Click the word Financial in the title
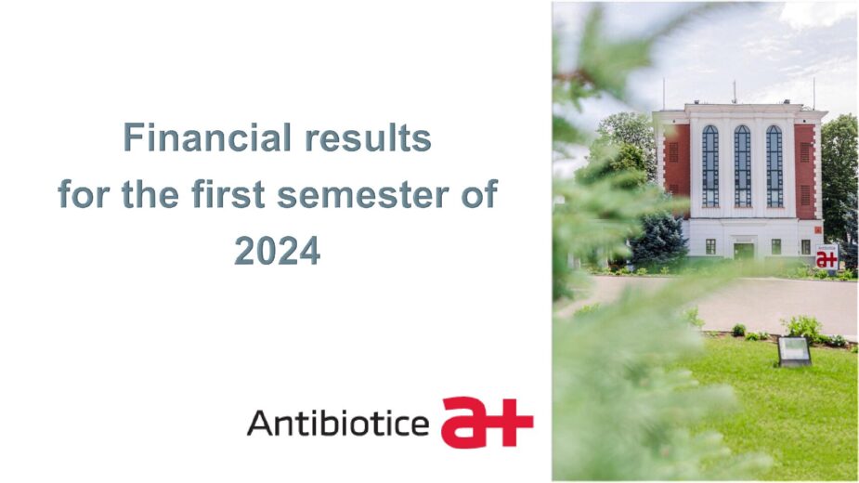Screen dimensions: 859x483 [206, 137]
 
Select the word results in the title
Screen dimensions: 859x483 [368, 137]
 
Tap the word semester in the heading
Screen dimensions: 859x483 [363, 194]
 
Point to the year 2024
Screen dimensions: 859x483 [278, 251]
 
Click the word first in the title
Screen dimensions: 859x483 [228, 194]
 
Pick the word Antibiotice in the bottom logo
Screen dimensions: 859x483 [338, 423]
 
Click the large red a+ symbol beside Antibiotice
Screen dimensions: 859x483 [487, 422]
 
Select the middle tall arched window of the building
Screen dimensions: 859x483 [742, 166]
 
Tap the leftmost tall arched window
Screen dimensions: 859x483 [710, 166]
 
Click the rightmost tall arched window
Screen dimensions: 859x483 [774, 166]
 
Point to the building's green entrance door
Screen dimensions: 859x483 [744, 251]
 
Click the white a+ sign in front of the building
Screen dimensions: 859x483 [826, 257]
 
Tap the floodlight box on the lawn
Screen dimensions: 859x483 [794, 351]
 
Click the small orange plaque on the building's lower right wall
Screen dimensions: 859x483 [818, 230]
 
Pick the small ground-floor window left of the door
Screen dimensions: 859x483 [710, 247]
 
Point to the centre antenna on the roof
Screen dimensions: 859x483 [735, 92]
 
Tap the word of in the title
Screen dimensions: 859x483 [479, 194]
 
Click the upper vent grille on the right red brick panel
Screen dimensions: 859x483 [805, 151]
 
